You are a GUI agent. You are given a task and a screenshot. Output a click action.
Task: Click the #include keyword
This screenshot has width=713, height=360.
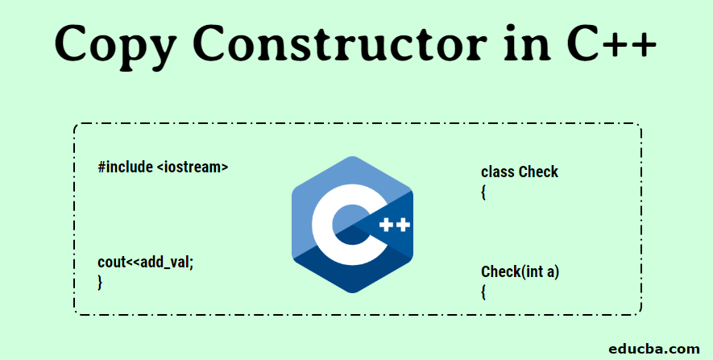click(x=125, y=167)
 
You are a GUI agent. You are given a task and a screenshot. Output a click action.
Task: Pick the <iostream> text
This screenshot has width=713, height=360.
click(x=193, y=168)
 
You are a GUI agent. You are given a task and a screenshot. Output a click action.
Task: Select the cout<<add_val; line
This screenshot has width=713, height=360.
click(x=146, y=263)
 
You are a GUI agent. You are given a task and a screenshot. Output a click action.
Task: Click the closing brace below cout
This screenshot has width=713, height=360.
click(x=100, y=282)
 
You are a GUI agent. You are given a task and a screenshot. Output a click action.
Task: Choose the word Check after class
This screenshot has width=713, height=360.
click(x=538, y=172)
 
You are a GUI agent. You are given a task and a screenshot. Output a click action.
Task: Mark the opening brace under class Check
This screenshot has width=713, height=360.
click(x=483, y=192)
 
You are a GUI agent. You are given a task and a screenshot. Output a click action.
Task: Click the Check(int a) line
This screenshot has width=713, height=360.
click(x=520, y=272)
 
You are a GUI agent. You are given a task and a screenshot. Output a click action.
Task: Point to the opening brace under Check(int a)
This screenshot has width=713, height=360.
click(x=483, y=292)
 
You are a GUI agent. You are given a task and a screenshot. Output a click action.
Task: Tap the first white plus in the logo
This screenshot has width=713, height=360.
click(x=386, y=225)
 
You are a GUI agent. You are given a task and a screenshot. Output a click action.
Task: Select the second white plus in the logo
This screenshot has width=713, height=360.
click(x=404, y=225)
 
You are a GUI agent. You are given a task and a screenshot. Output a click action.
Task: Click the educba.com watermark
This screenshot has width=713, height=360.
click(x=654, y=349)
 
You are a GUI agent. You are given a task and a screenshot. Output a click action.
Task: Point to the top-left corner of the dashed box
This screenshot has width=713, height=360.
click(x=75, y=124)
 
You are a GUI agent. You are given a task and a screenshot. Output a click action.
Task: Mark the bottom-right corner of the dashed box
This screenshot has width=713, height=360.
click(x=641, y=314)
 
